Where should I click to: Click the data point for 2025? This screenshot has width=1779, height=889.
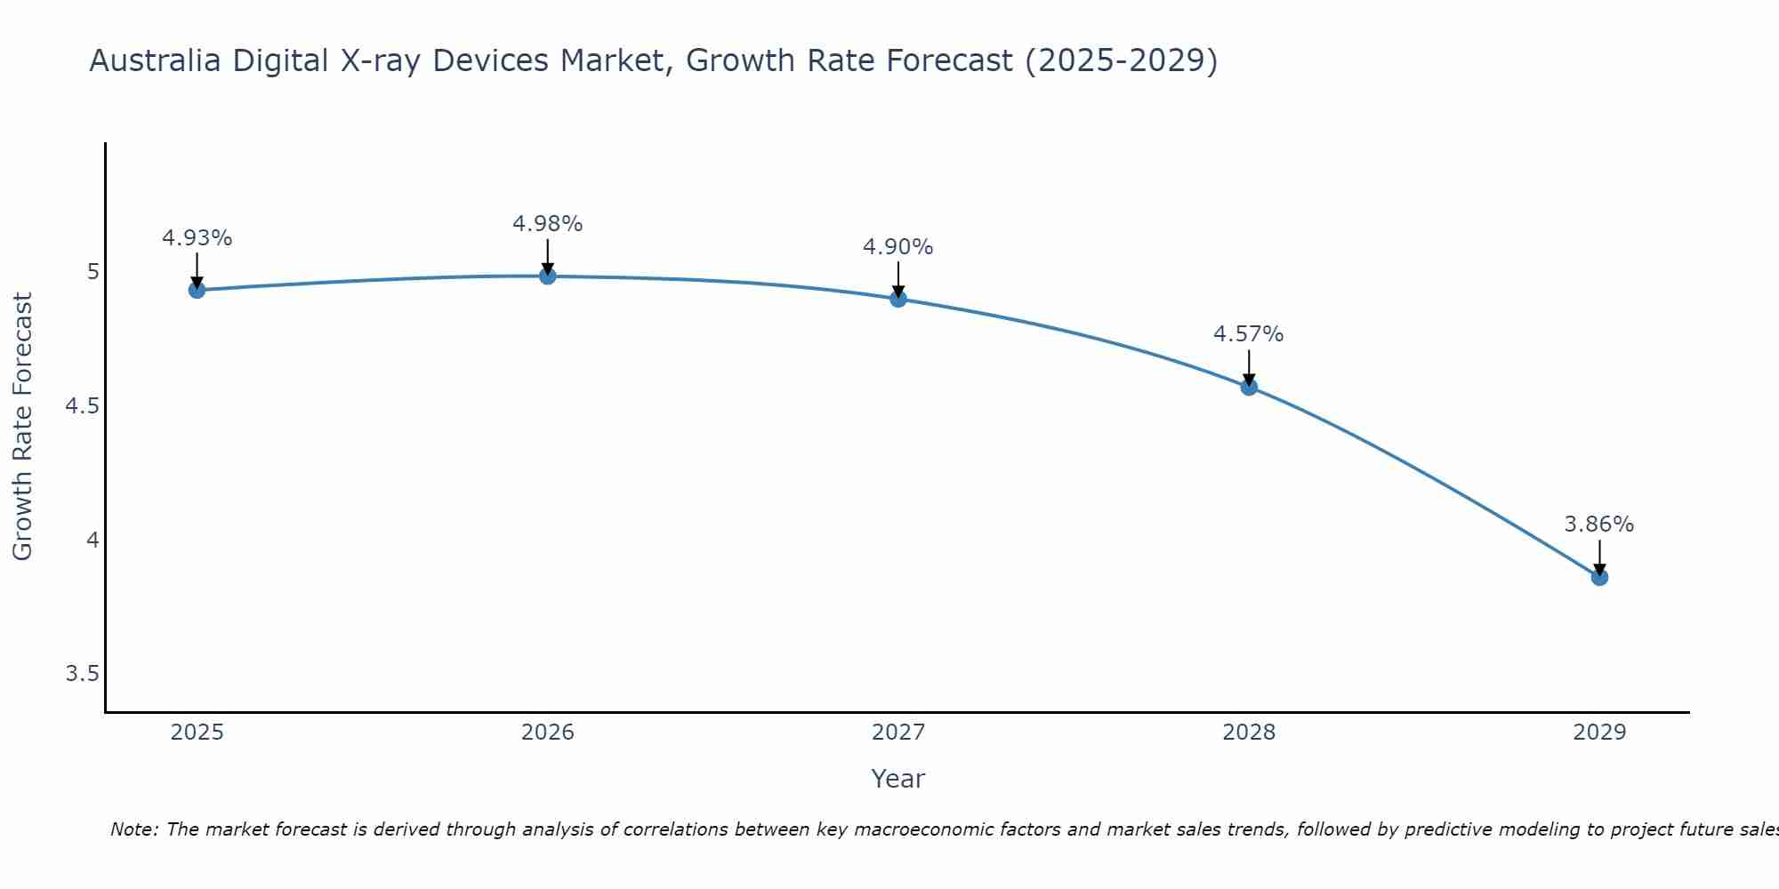click(x=197, y=290)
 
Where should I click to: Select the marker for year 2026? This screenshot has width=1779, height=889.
click(x=548, y=276)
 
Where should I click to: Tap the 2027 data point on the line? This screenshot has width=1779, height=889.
click(x=898, y=299)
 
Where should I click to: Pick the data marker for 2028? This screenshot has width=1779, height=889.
click(x=1249, y=387)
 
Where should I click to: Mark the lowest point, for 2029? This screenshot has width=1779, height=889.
click(x=1599, y=577)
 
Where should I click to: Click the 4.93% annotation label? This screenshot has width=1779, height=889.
click(x=197, y=238)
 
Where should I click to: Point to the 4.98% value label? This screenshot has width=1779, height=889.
click(x=548, y=224)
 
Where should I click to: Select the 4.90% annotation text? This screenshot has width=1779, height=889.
click(x=898, y=247)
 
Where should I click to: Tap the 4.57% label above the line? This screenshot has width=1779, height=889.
click(x=1249, y=334)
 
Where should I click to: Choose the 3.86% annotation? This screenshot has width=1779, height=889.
click(x=1599, y=525)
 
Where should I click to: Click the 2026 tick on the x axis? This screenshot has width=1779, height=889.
click(x=548, y=733)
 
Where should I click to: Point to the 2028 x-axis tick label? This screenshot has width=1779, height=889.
click(x=1249, y=733)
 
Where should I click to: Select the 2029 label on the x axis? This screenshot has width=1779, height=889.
click(x=1599, y=733)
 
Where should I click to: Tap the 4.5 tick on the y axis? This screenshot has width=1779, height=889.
click(x=82, y=406)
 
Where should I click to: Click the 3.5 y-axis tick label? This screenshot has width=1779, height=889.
click(x=82, y=674)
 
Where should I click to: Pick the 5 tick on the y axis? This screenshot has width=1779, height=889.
click(x=93, y=272)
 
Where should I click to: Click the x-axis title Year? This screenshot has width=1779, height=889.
click(x=898, y=779)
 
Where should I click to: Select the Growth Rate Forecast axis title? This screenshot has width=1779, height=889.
click(x=23, y=427)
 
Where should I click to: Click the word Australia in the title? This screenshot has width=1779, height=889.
click(x=154, y=61)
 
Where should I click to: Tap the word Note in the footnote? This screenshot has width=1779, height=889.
click(x=133, y=829)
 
